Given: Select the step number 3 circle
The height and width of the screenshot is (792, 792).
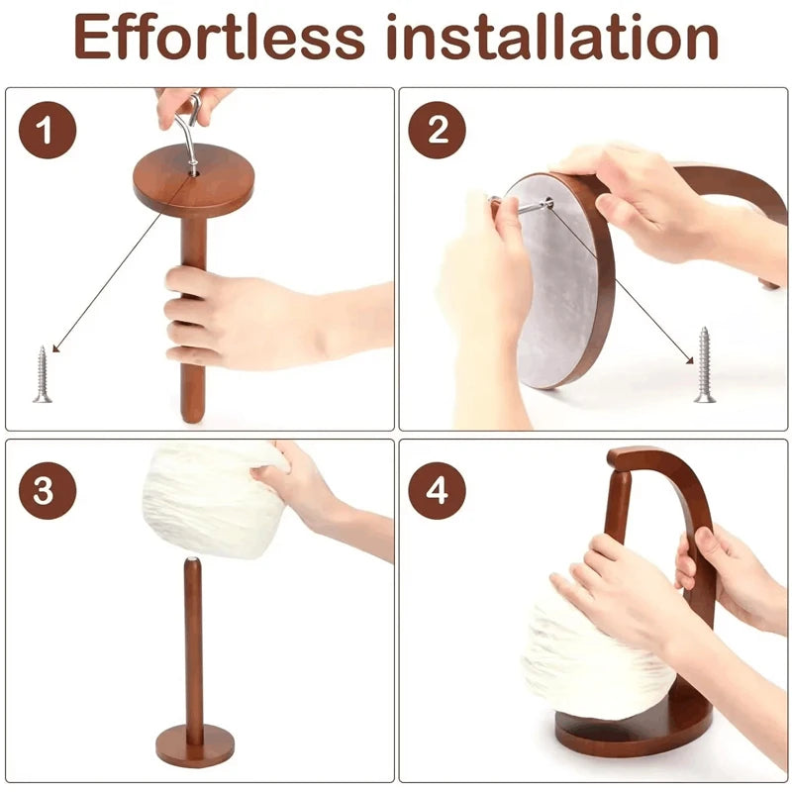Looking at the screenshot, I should (46, 490).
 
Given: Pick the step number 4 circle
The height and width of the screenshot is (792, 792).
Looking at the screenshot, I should (437, 490).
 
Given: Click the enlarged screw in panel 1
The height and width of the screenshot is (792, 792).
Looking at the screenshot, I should (42, 373).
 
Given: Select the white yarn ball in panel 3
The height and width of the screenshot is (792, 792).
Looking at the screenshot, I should (208, 500).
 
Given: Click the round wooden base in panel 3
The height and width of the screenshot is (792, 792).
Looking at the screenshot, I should (194, 744).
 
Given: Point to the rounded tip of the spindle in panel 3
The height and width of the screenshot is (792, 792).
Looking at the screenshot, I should (193, 564).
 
